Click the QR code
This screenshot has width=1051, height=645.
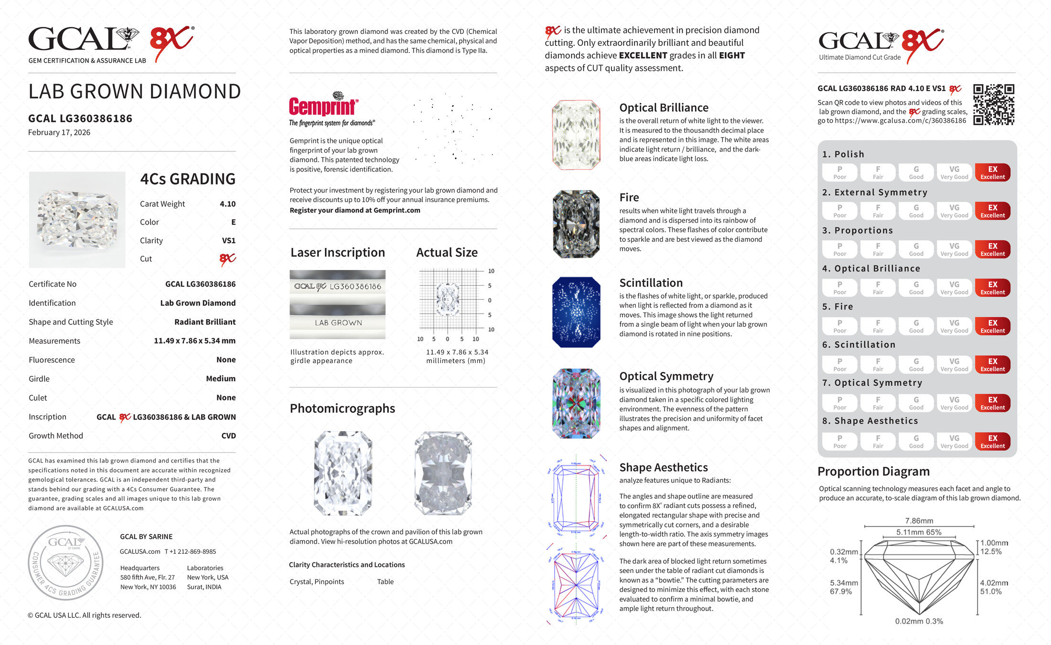point(994,105)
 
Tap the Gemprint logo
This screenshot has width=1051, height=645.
point(323,107)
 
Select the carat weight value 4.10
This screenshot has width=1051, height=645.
point(227,204)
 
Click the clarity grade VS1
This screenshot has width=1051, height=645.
point(228,241)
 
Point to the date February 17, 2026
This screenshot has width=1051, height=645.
point(59,133)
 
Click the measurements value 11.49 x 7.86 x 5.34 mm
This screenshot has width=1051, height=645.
point(194,341)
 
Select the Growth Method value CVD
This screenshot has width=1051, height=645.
point(228,436)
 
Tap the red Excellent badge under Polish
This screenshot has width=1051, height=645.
point(992,172)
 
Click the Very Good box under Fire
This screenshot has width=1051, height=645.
point(954,326)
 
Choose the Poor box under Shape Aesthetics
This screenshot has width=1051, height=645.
point(839,441)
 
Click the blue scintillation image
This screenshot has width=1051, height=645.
point(576,312)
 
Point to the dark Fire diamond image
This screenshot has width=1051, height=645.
point(576,224)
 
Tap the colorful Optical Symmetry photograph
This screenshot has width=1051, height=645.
point(576,403)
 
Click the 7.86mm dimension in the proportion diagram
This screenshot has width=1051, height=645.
point(919,521)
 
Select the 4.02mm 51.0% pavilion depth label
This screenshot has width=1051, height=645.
point(994,587)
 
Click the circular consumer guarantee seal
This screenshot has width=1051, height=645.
point(65,563)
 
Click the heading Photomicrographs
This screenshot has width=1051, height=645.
point(342,408)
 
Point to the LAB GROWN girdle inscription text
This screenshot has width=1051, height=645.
point(338,323)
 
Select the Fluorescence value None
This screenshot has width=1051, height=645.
point(226,360)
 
